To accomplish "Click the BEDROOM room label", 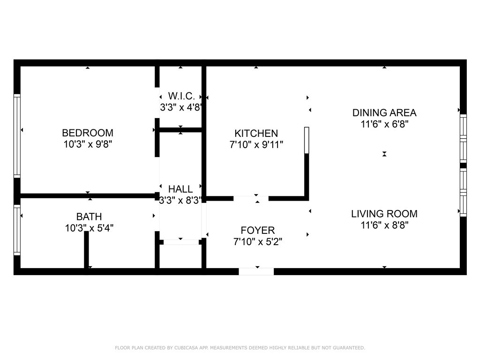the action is point(88,133).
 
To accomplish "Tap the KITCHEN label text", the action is point(256,134).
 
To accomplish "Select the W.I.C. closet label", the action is point(181,96).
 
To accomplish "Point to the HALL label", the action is point(180,189).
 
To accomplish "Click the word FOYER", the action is point(258,230).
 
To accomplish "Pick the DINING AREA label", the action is point(384,112).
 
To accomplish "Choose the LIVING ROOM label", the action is point(384,214).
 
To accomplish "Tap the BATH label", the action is point(89,217).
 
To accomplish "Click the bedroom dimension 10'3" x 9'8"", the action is point(88,144).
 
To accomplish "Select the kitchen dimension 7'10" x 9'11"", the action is point(256,144).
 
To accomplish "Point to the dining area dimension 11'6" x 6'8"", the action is point(384,124).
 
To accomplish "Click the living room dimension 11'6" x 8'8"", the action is point(384,225).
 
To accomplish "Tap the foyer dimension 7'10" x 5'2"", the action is point(258,242).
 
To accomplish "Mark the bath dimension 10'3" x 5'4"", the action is point(89,228).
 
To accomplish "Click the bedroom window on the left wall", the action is point(17,135).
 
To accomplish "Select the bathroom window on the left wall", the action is point(17,230).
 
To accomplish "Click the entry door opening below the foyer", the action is point(256,271).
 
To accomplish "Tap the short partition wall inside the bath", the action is point(86,250).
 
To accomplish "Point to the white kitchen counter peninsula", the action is point(307,140).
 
